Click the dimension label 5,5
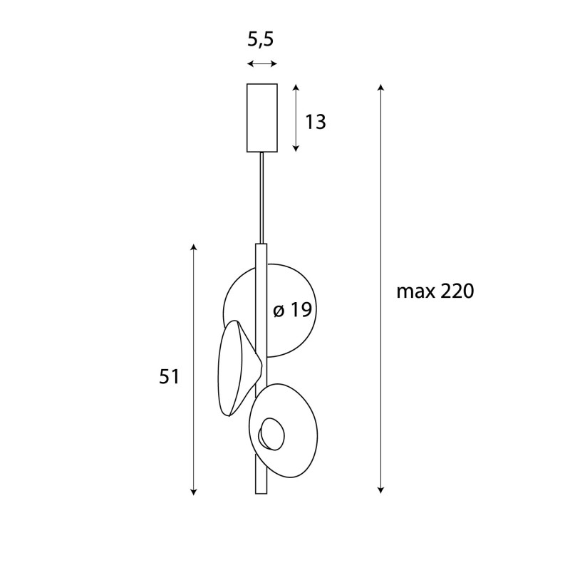261,40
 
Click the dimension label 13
315,123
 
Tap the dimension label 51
169,377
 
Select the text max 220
435,291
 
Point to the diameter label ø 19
292,311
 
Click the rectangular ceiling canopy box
261,118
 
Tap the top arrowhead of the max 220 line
381,87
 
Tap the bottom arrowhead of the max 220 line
381,489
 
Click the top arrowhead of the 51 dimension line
193,247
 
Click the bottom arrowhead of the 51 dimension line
193,491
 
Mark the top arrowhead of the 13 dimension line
296,86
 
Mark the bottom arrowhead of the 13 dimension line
296,148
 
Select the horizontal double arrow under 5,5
261,64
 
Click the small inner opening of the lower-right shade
271,433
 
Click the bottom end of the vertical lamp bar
261,490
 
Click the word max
413,291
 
